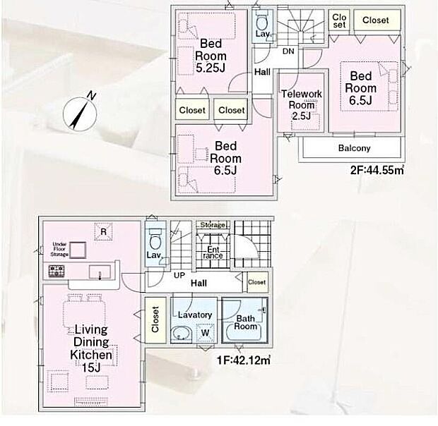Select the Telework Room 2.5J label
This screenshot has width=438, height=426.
click(301, 105)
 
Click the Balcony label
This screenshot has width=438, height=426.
click(354, 149)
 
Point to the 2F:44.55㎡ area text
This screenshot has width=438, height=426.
click(376, 169)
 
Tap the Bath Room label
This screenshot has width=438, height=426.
click(245, 322)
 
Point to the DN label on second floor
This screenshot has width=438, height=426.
click(288, 51)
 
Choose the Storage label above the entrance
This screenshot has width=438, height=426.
click(213, 225)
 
